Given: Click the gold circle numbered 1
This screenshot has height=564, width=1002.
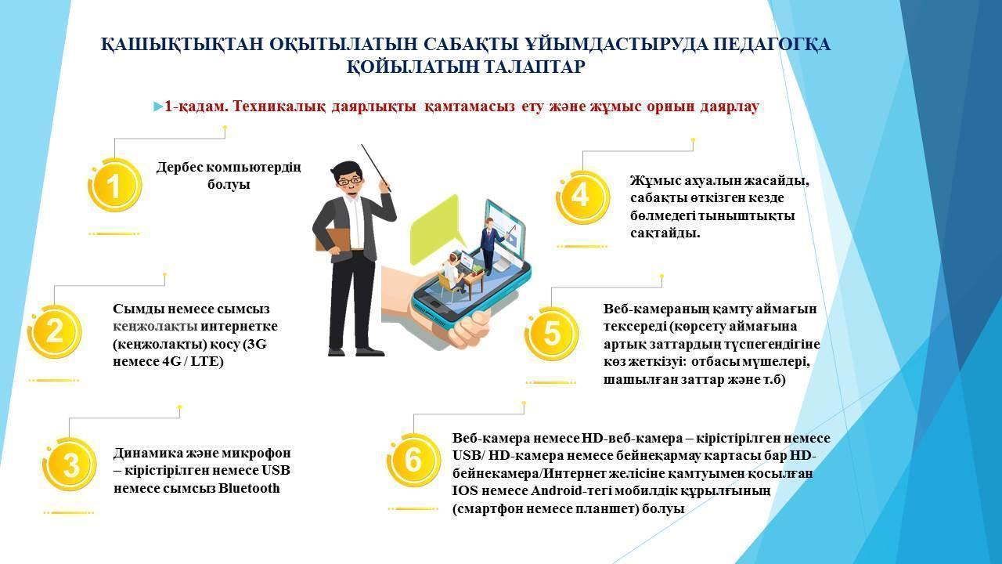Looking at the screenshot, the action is click(115, 185).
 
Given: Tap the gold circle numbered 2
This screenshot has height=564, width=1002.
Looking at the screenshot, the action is click(55, 331).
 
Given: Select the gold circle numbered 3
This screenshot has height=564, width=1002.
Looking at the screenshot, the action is click(70, 465).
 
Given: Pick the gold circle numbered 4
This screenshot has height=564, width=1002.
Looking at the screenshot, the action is click(583, 197).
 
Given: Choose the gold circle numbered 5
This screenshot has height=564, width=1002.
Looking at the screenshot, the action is click(552, 334).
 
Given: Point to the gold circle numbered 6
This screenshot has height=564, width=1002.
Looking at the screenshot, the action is click(414, 460).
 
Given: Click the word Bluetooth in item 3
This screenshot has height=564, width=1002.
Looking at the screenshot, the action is click(249, 488).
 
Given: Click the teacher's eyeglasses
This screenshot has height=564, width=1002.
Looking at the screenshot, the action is click(349, 181).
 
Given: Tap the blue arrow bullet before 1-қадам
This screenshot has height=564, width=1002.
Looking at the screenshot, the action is click(158, 107).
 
